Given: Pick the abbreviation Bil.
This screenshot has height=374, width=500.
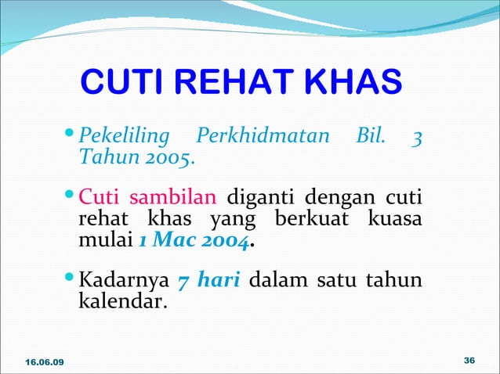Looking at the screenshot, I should [371, 137].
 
